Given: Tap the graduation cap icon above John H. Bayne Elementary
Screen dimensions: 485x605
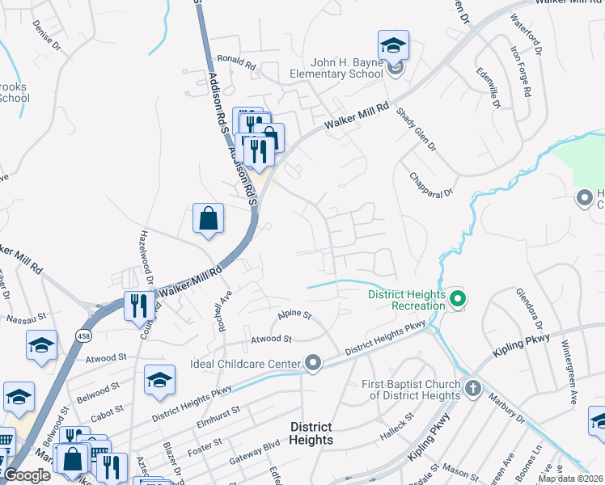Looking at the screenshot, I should (x=393, y=44).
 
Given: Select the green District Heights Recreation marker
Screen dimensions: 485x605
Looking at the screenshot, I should (x=458, y=300).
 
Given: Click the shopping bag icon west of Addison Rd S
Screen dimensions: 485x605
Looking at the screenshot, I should (x=208, y=218).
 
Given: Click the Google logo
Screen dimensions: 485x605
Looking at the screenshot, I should (x=27, y=475).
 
